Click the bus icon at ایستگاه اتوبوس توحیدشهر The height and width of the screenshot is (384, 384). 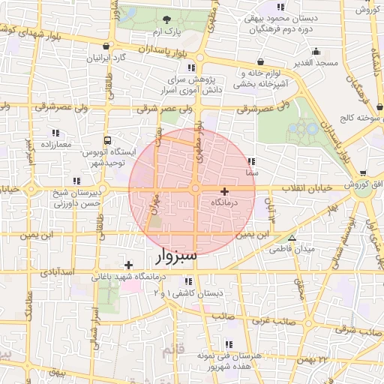click(x=109, y=140)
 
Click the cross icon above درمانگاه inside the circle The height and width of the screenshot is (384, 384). click(x=223, y=191)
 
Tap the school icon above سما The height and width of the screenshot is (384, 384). click(x=250, y=160)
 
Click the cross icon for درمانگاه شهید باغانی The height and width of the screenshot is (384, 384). click(x=129, y=264)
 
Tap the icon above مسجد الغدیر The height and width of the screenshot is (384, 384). click(x=316, y=52)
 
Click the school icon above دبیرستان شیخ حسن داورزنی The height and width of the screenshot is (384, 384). click(x=76, y=181)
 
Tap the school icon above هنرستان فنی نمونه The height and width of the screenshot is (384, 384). click(x=228, y=344)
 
